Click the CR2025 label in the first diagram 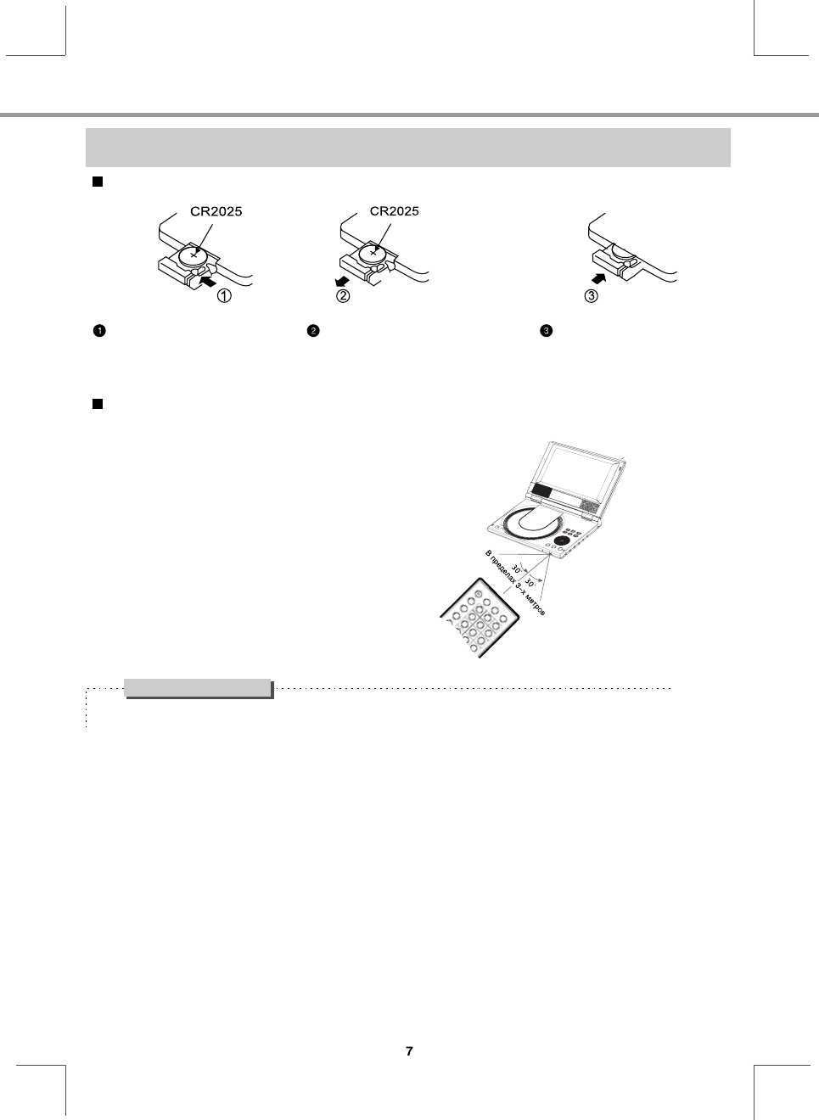coord(216,212)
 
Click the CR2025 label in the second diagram coord(394,211)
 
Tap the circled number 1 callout coord(224,296)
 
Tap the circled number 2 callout coord(342,296)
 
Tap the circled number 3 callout coord(592,296)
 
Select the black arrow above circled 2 coord(341,281)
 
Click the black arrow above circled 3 coord(599,278)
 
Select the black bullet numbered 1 coord(98,331)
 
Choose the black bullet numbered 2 coord(312,331)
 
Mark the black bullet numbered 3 coord(547,331)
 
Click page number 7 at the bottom coord(409,1051)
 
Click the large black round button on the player coord(561,540)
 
